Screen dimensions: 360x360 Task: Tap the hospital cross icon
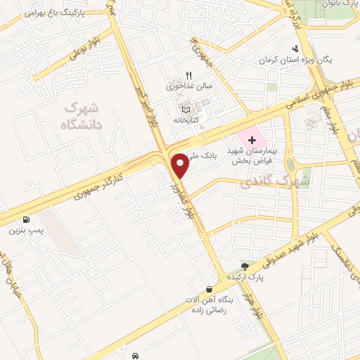[252, 140]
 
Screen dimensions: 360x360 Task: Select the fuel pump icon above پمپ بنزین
[27, 219]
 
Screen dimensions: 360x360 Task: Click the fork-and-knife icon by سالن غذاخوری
[188, 75]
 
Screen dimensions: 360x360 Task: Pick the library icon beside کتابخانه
[186, 109]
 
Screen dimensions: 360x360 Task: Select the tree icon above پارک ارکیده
[245, 266]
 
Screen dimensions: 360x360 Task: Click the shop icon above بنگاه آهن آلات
[209, 290]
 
